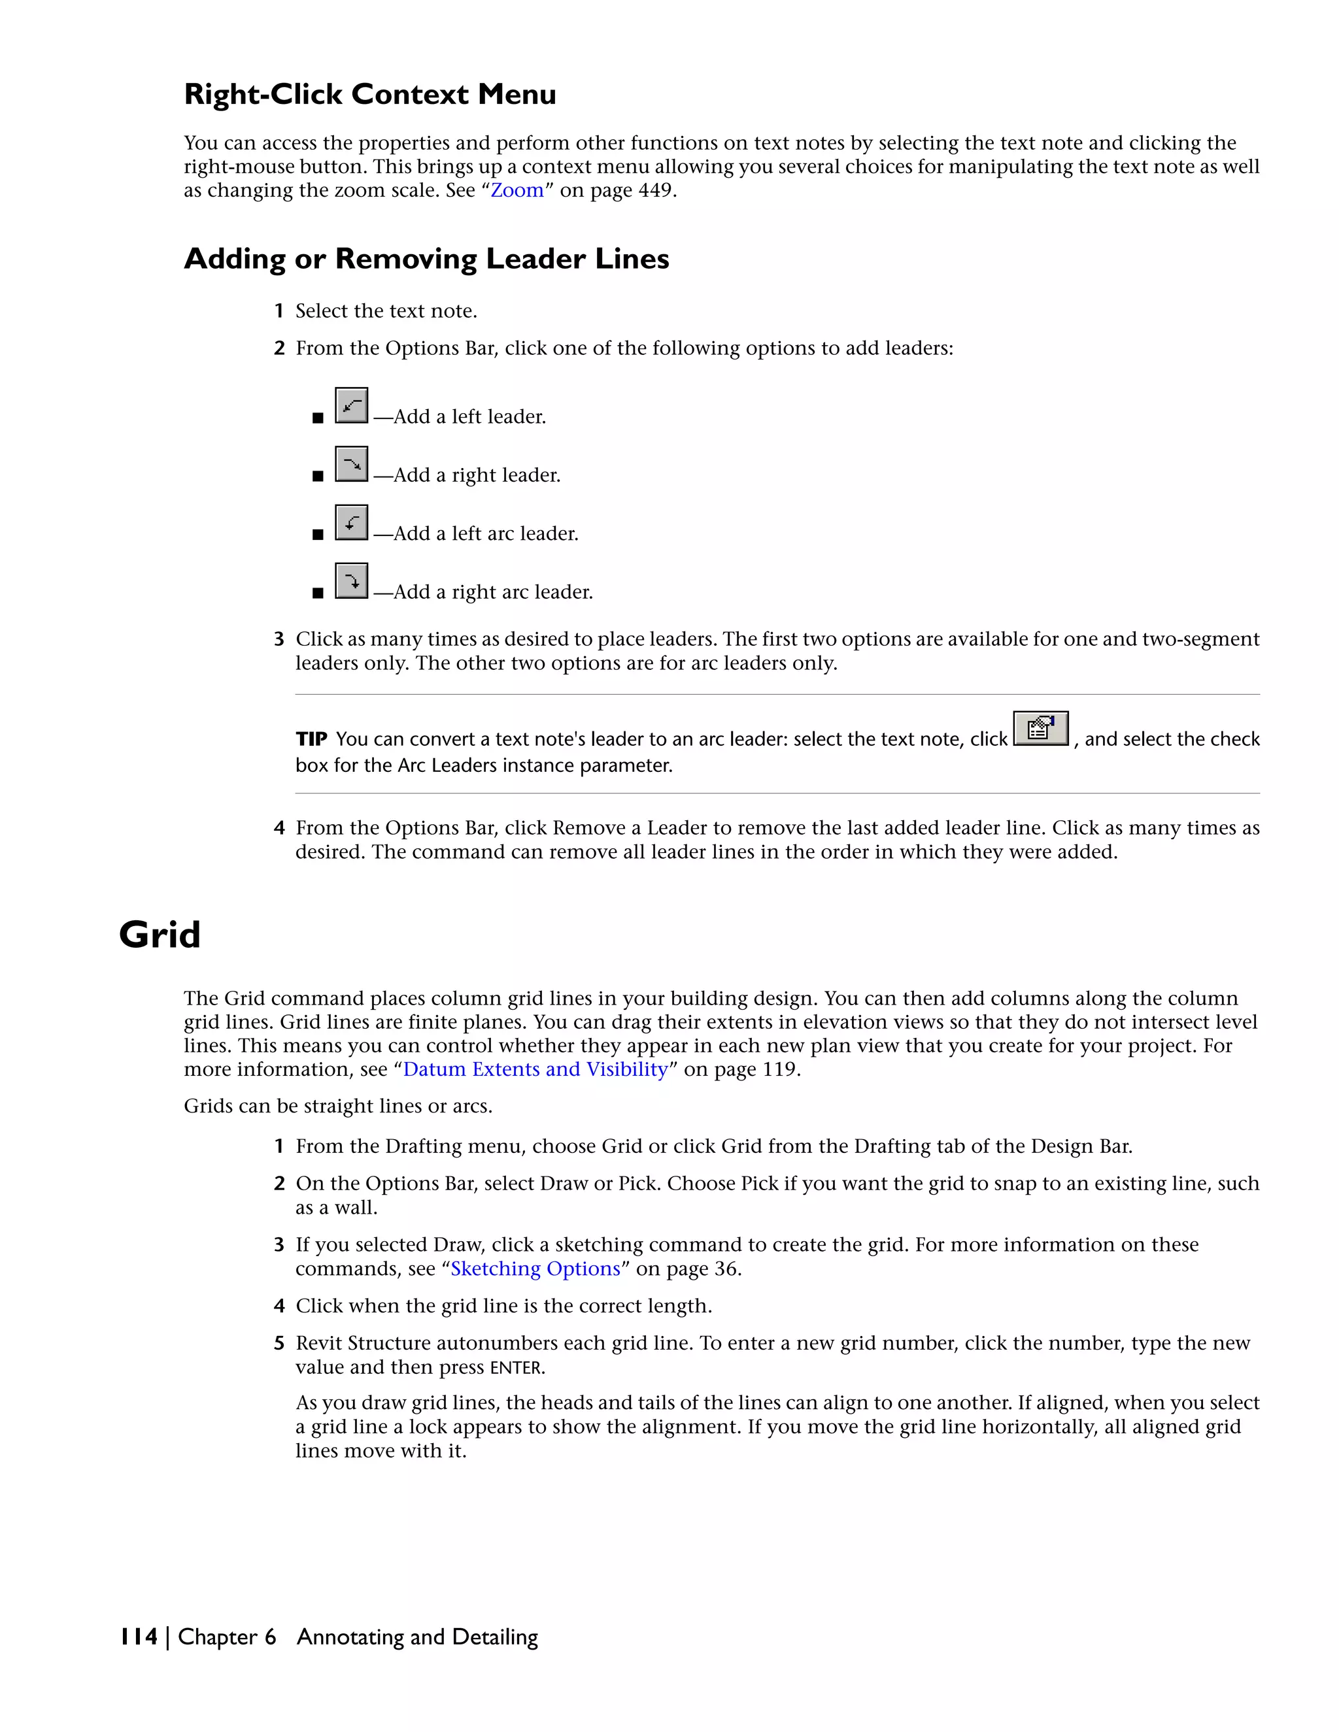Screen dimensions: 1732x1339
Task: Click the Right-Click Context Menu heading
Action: tap(369, 94)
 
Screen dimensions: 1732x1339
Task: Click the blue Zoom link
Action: tap(517, 190)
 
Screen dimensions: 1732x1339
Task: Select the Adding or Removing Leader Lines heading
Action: tap(426, 259)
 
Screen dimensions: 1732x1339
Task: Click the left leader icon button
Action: tap(351, 405)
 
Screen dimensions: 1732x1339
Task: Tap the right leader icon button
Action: tap(351, 464)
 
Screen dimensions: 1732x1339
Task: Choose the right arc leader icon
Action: tap(351, 580)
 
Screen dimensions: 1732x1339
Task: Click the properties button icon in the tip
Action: tap(1041, 728)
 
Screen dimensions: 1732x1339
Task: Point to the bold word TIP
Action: tap(311, 739)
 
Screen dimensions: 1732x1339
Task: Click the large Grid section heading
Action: tap(160, 934)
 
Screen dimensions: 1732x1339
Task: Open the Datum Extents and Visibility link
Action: tap(535, 1069)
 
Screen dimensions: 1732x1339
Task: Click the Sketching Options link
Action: tap(535, 1268)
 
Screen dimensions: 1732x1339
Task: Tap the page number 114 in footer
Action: tap(139, 1637)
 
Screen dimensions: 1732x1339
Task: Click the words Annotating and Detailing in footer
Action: tap(417, 1637)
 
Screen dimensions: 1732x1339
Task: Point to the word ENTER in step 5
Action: tap(516, 1368)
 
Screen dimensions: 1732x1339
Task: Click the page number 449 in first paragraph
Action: tap(655, 190)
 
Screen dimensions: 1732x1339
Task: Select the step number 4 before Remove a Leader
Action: tap(279, 828)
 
